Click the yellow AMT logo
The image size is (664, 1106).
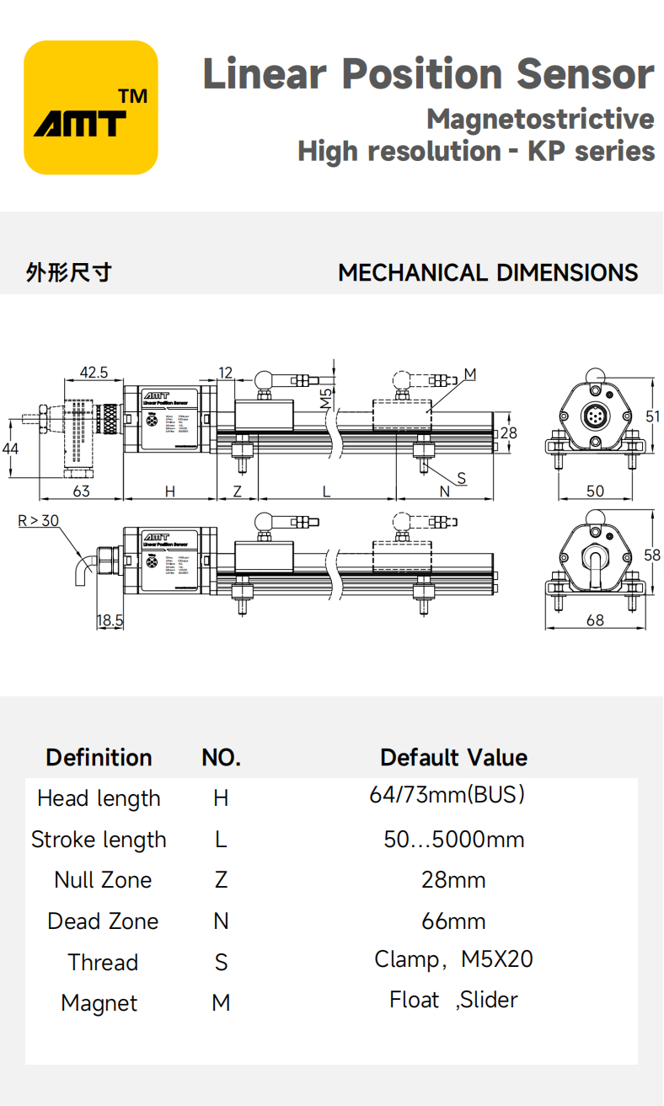(x=91, y=107)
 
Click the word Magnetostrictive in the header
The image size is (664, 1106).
(x=539, y=119)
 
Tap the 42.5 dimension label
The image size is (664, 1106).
(x=94, y=372)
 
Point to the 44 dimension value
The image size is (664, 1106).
(x=10, y=448)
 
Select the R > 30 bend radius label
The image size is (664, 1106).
(x=39, y=520)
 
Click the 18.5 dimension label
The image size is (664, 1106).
(x=110, y=620)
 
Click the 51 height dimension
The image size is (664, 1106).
(x=653, y=415)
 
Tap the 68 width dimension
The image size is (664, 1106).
(x=595, y=620)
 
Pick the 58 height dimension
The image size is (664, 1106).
(x=652, y=555)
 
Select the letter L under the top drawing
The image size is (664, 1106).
(x=326, y=491)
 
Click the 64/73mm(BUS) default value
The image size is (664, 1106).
(x=447, y=794)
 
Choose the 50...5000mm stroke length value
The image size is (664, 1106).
(x=454, y=840)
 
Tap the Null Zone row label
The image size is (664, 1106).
(x=103, y=880)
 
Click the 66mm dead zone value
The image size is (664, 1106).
(x=453, y=921)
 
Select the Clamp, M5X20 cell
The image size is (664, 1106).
(x=453, y=959)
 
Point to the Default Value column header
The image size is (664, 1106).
(x=453, y=757)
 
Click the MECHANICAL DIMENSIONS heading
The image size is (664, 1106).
(x=488, y=273)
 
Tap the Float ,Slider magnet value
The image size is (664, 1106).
(x=453, y=1000)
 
